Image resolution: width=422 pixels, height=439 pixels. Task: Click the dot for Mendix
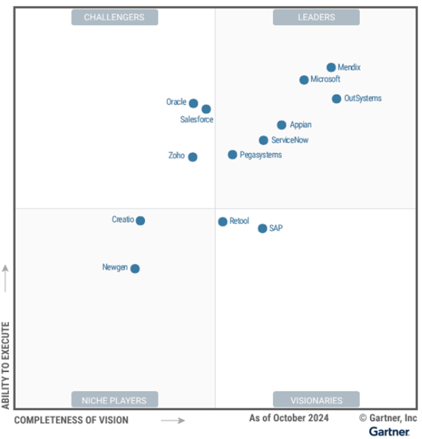click(331, 68)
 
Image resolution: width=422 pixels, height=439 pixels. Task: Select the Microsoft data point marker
click(304, 80)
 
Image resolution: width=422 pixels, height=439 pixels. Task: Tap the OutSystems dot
click(336, 99)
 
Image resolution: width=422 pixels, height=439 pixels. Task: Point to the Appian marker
click(281, 125)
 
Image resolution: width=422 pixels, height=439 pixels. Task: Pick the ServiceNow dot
click(263, 140)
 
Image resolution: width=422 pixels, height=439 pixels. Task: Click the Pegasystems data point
click(233, 155)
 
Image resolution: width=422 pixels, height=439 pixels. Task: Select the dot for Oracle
click(193, 103)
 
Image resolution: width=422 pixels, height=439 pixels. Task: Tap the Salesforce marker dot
click(206, 109)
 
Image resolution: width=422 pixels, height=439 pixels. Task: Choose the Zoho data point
click(193, 157)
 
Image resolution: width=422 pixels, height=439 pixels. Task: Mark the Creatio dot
click(140, 220)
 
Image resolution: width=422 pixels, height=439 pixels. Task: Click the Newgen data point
click(135, 268)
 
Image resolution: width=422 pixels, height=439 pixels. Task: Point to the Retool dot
click(222, 222)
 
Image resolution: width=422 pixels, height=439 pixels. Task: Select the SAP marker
click(262, 228)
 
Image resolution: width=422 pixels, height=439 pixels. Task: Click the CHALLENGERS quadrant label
click(114, 17)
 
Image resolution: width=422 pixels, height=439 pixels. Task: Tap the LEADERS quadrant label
click(316, 17)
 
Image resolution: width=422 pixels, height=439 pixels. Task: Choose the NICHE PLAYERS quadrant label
click(114, 400)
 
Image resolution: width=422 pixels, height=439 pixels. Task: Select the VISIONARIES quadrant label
click(316, 400)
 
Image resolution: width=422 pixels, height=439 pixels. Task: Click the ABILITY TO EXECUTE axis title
click(6, 365)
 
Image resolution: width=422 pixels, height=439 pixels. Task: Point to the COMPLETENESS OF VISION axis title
click(71, 420)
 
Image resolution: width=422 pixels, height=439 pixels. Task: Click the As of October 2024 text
click(289, 418)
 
